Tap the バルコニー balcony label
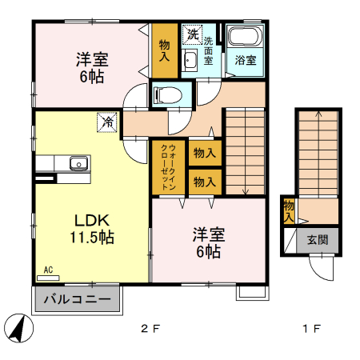point(77,301)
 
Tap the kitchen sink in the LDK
point(79,163)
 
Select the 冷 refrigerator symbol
point(106,122)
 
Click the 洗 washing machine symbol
point(191,34)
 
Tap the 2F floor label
point(150,328)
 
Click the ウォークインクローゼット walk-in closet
point(169,166)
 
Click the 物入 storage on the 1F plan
point(288,210)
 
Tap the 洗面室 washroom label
point(209,51)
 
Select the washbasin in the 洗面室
point(190,62)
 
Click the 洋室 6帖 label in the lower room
point(208,243)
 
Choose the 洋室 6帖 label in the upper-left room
point(93,68)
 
